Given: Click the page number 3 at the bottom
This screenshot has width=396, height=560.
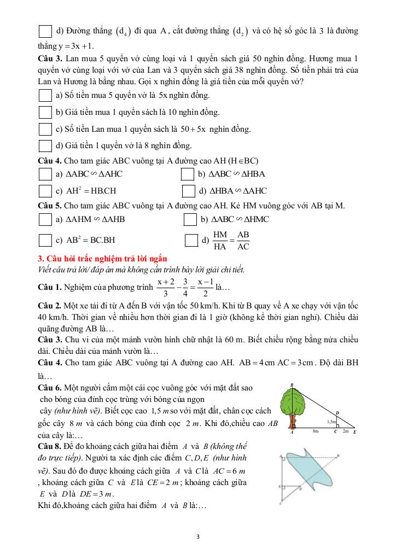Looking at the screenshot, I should click(197, 536).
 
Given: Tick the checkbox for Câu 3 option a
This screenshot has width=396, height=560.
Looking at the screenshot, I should click(45, 96).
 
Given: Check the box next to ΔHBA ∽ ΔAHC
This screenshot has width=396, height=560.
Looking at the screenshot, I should click(188, 191).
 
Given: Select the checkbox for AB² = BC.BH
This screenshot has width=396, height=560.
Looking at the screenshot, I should click(45, 240).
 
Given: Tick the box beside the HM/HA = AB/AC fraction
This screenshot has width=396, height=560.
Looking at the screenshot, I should click(191, 240).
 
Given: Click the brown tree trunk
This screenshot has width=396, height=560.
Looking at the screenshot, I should click(293, 422).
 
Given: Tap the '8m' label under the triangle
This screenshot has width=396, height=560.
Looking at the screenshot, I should click(316, 432).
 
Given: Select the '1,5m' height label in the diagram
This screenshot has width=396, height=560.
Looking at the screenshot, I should click(331, 422).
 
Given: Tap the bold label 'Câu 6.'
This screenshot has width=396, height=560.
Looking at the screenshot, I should click(49, 387).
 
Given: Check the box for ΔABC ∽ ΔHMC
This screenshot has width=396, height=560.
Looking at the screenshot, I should click(190, 219).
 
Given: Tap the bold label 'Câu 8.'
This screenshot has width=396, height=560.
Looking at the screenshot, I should click(49, 445).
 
